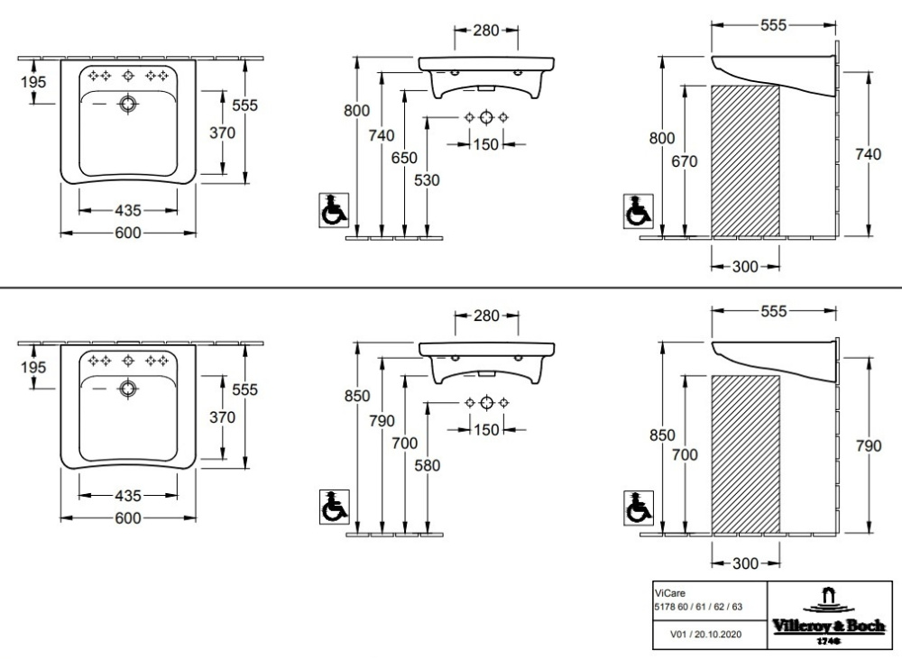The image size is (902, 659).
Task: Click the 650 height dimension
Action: (405, 158)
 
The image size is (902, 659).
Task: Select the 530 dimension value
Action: (428, 180)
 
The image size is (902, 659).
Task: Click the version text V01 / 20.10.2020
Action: (706, 635)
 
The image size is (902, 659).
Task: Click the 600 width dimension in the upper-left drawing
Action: (128, 233)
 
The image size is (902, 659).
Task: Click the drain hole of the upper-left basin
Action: (128, 105)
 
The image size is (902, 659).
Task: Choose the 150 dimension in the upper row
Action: (485, 144)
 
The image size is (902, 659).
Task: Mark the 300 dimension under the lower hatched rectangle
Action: (745, 563)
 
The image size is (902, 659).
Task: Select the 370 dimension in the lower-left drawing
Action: (222, 417)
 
